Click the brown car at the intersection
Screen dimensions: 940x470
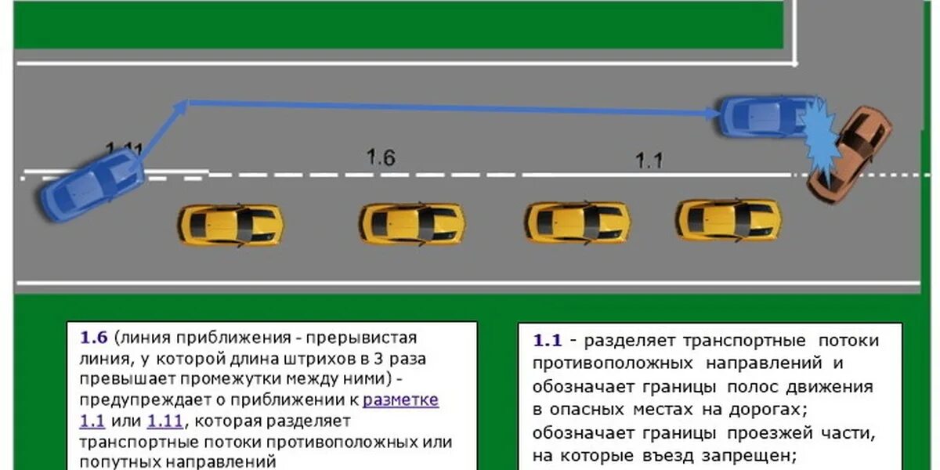852,153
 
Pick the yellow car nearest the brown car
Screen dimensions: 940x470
728,219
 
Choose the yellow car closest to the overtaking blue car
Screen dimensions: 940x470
230,225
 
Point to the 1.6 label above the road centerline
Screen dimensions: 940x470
381,157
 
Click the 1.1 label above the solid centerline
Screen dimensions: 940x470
649,161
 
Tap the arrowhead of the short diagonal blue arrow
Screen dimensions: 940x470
182,105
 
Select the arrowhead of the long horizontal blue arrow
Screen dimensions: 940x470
712,114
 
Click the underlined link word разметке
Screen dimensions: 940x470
401,400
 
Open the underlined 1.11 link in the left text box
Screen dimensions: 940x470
164,421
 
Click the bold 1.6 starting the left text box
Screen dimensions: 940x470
93,338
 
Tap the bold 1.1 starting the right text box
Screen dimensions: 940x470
548,341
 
